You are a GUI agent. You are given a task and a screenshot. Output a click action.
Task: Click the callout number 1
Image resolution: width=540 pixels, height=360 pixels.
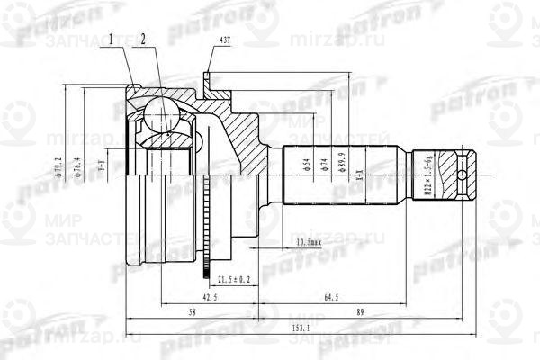111,40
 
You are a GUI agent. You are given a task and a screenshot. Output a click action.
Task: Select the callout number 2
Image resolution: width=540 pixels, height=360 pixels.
142,40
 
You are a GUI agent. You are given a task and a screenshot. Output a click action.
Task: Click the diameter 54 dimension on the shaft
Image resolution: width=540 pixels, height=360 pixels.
297,166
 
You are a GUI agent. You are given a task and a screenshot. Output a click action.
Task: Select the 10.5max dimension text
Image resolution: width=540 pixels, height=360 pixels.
310,242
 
